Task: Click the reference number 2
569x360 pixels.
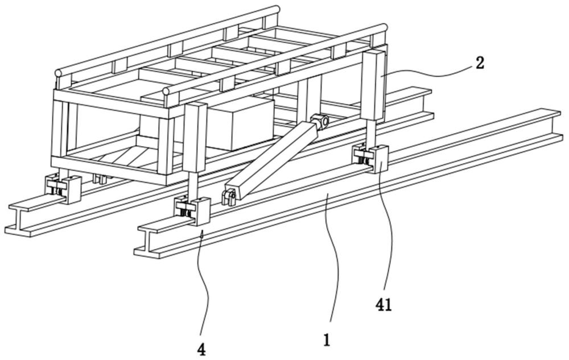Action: tap(480, 63)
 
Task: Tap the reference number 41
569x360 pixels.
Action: tap(384, 305)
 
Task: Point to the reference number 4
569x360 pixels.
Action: tap(201, 349)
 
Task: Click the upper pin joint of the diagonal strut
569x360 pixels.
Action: tap(321, 121)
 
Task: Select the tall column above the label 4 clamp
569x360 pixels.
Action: tap(193, 138)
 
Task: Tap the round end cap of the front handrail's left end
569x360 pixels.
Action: tap(166, 91)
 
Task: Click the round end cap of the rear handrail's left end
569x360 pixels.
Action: tap(57, 73)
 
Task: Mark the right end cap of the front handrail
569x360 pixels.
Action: tap(384, 27)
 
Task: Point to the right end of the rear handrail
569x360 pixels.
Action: tap(277, 9)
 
